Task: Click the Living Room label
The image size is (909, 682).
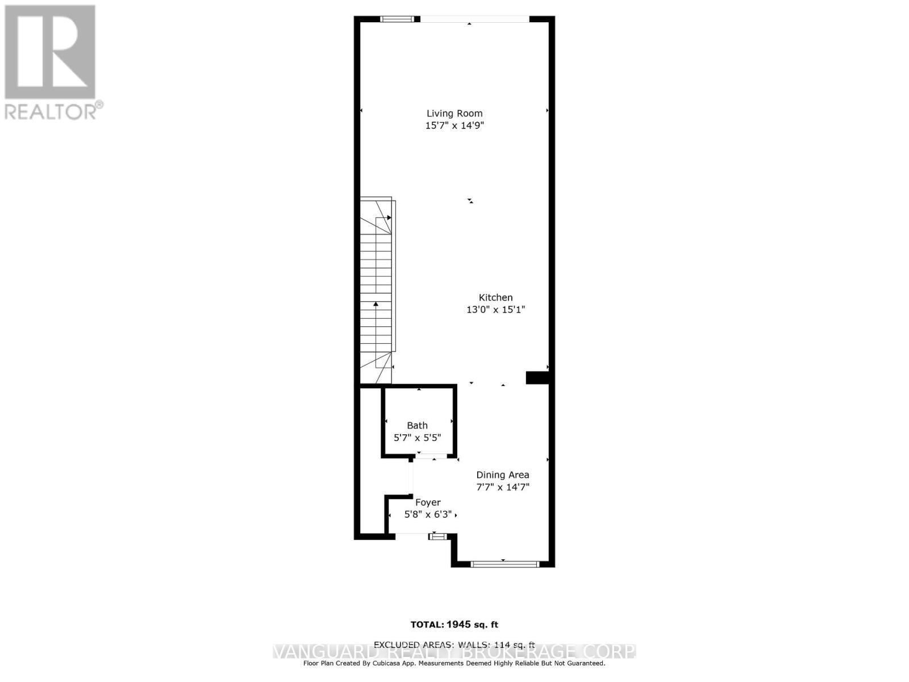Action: (454, 113)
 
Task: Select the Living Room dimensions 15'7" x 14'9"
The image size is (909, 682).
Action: (454, 126)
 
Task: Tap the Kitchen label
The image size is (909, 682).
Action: (495, 297)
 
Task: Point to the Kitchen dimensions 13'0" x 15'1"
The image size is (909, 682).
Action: (495, 310)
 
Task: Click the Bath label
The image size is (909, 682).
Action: (417, 425)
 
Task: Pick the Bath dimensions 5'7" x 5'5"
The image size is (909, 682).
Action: (417, 438)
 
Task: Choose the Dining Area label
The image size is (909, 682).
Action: (502, 475)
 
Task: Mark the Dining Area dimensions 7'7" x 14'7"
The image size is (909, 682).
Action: (502, 487)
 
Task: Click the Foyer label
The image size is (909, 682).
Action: (428, 502)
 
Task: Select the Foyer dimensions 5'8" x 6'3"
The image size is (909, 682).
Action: (428, 514)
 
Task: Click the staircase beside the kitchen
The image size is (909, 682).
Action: (377, 290)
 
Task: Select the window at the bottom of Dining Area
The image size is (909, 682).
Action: (504, 564)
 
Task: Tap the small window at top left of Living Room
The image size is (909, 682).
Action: (397, 19)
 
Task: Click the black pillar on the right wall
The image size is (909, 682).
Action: (537, 378)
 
